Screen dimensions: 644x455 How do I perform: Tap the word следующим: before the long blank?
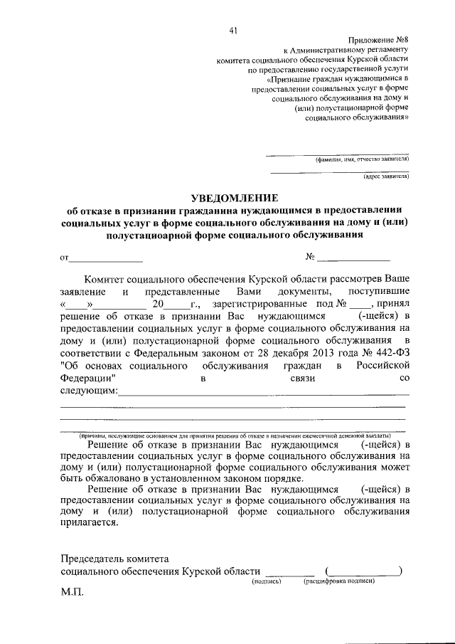pyautogui.click(x=89, y=391)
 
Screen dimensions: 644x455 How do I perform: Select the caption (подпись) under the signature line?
pyautogui.click(x=267, y=581)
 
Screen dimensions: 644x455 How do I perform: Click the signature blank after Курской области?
pyautogui.click(x=289, y=571)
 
